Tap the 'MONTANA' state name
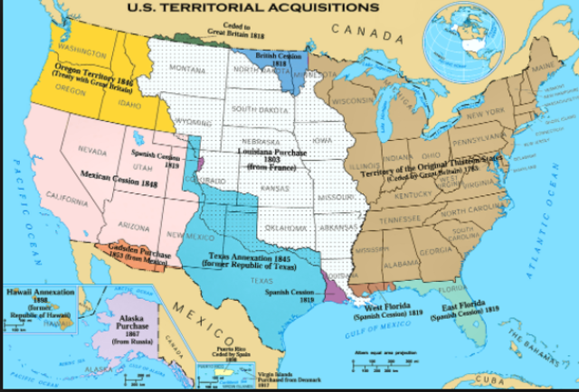(186, 69)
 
